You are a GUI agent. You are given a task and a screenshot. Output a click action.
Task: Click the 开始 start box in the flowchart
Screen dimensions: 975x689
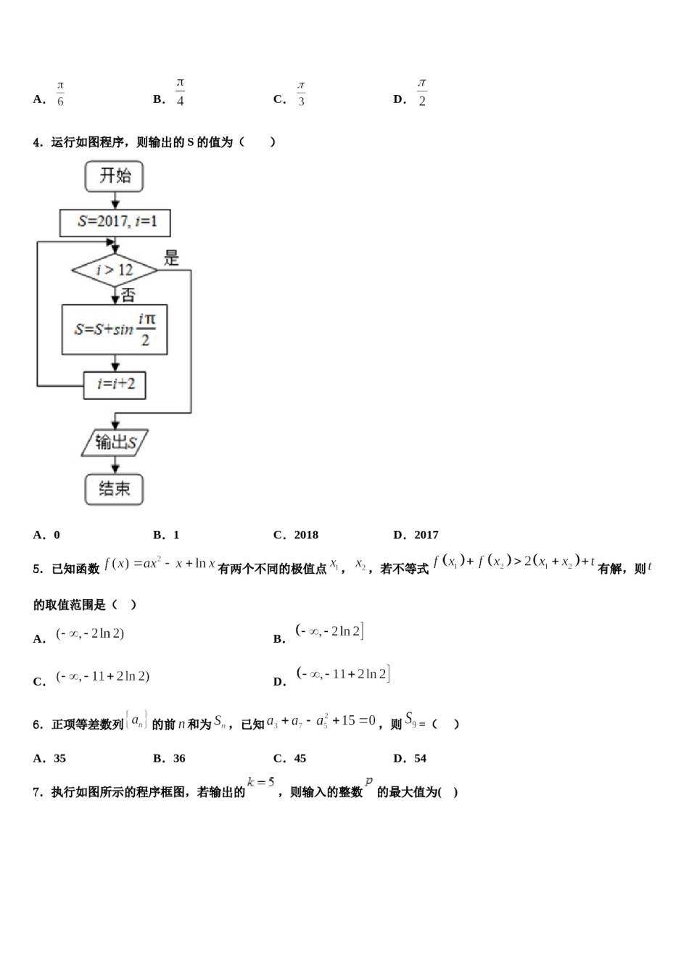point(114,176)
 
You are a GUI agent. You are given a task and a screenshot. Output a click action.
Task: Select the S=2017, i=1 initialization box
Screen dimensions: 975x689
point(115,222)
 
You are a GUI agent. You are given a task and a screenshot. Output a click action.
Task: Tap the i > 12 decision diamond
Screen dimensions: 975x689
point(115,271)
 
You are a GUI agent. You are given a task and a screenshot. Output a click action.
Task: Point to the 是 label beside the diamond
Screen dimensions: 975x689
point(171,258)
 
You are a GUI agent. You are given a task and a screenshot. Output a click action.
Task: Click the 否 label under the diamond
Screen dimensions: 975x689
point(128,295)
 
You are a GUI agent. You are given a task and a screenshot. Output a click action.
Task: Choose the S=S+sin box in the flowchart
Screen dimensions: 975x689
point(115,329)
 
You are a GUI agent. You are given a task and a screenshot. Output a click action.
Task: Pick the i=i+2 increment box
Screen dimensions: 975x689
point(115,384)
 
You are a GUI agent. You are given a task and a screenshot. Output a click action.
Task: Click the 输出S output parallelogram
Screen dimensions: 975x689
point(115,442)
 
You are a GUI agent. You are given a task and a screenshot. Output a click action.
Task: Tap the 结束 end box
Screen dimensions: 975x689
point(114,489)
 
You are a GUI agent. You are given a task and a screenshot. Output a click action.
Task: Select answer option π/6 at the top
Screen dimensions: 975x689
point(60,94)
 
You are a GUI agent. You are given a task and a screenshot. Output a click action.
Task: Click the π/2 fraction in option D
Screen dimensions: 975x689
point(422,94)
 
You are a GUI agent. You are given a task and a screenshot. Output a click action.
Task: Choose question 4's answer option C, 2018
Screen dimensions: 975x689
point(305,535)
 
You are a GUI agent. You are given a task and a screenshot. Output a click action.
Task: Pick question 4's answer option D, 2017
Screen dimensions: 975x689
point(426,535)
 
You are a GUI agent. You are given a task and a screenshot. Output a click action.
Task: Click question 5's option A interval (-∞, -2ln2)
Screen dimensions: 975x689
point(90,634)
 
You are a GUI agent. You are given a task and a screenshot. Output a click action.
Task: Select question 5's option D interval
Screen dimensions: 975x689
point(343,674)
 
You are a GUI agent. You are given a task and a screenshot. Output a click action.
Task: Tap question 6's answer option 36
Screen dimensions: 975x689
point(178,758)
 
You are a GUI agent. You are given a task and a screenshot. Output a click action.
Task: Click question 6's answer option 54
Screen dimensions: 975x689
point(420,758)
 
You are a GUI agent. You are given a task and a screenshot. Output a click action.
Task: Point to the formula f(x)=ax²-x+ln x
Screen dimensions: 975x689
point(160,563)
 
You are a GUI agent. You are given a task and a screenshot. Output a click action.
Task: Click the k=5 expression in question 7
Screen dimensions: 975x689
point(260,782)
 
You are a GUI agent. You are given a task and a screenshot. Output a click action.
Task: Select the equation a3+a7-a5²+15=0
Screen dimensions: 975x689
point(321,721)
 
